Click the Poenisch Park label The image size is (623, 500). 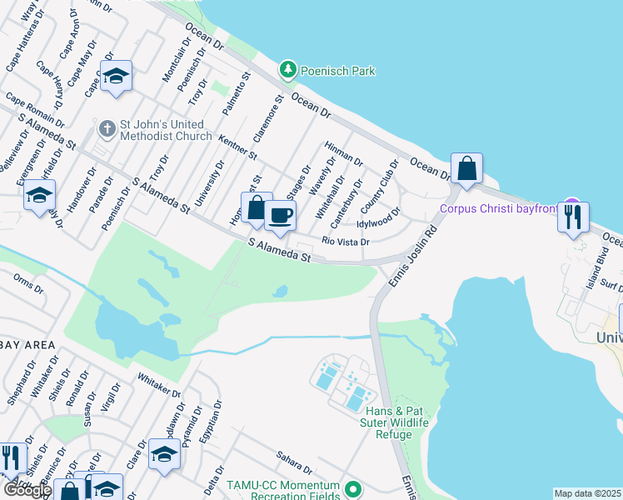point(338,71)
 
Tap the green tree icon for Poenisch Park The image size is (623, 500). point(288,70)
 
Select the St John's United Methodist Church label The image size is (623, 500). point(166,130)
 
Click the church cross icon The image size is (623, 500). point(106,129)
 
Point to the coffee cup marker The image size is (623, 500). point(280,216)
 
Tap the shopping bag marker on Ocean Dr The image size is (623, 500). point(467,168)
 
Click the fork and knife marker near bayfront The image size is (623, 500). point(573,217)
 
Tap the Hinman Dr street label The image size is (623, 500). point(344,153)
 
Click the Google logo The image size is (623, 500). point(27,490)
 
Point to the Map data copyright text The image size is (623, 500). point(587,493)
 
